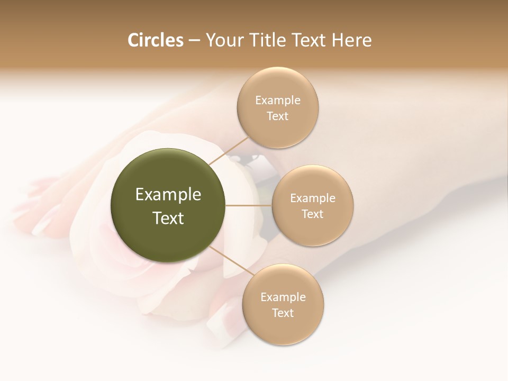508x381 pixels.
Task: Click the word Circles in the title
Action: [155, 40]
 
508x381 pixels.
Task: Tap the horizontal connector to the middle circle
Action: [248, 205]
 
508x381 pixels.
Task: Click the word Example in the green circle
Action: [168, 195]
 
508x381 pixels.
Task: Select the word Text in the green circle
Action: [168, 218]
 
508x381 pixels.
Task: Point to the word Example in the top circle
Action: [278, 101]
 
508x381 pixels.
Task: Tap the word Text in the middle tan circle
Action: [313, 214]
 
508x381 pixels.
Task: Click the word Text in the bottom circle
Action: [283, 313]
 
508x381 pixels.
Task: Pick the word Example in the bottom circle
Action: [283, 297]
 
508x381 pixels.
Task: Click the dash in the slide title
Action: [194, 41]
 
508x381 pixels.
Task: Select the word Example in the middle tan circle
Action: [313, 198]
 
